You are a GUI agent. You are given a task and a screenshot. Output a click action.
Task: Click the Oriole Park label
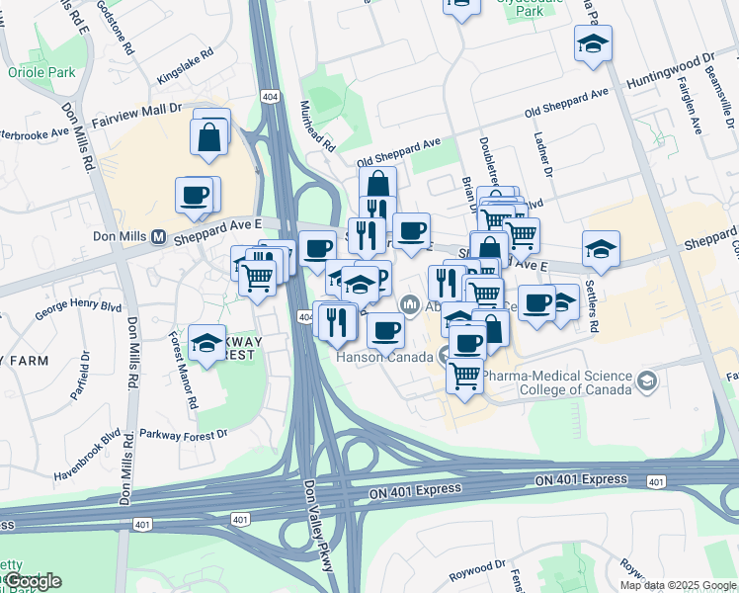pyautogui.click(x=41, y=72)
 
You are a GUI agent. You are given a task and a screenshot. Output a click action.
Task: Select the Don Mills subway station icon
pyautogui.click(x=157, y=237)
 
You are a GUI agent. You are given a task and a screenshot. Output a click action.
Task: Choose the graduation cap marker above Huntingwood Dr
pyautogui.click(x=593, y=43)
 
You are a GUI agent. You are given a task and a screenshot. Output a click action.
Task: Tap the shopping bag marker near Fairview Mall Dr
pyautogui.click(x=210, y=138)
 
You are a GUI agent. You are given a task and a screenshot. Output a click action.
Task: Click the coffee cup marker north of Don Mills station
pyautogui.click(x=196, y=194)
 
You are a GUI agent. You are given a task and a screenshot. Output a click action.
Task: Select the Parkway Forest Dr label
pyautogui.click(x=183, y=433)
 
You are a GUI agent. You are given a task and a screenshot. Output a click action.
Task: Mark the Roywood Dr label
pyautogui.click(x=476, y=570)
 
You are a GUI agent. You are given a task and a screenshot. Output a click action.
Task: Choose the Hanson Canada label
pyautogui.click(x=386, y=356)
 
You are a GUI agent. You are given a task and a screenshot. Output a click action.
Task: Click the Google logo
pyautogui.click(x=33, y=581)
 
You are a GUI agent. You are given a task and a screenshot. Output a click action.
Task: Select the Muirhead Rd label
pyautogui.click(x=317, y=127)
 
